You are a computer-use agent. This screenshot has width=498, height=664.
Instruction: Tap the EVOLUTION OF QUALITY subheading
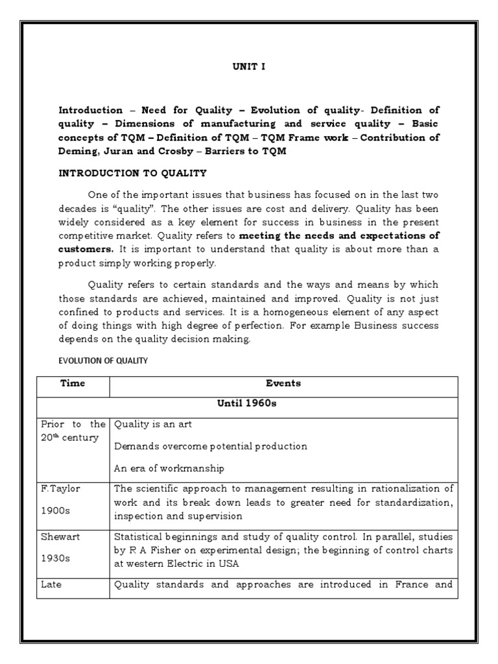pyautogui.click(x=103, y=361)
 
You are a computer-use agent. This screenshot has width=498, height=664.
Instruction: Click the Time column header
pyautogui.click(x=73, y=383)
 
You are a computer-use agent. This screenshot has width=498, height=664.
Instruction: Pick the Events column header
pyautogui.click(x=283, y=383)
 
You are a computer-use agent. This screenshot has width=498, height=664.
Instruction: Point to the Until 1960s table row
pyautogui.click(x=247, y=405)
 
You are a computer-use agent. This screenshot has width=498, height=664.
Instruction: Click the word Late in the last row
pyautogui.click(x=51, y=584)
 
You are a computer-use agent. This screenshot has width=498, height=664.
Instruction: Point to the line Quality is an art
pyautogui.click(x=152, y=425)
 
